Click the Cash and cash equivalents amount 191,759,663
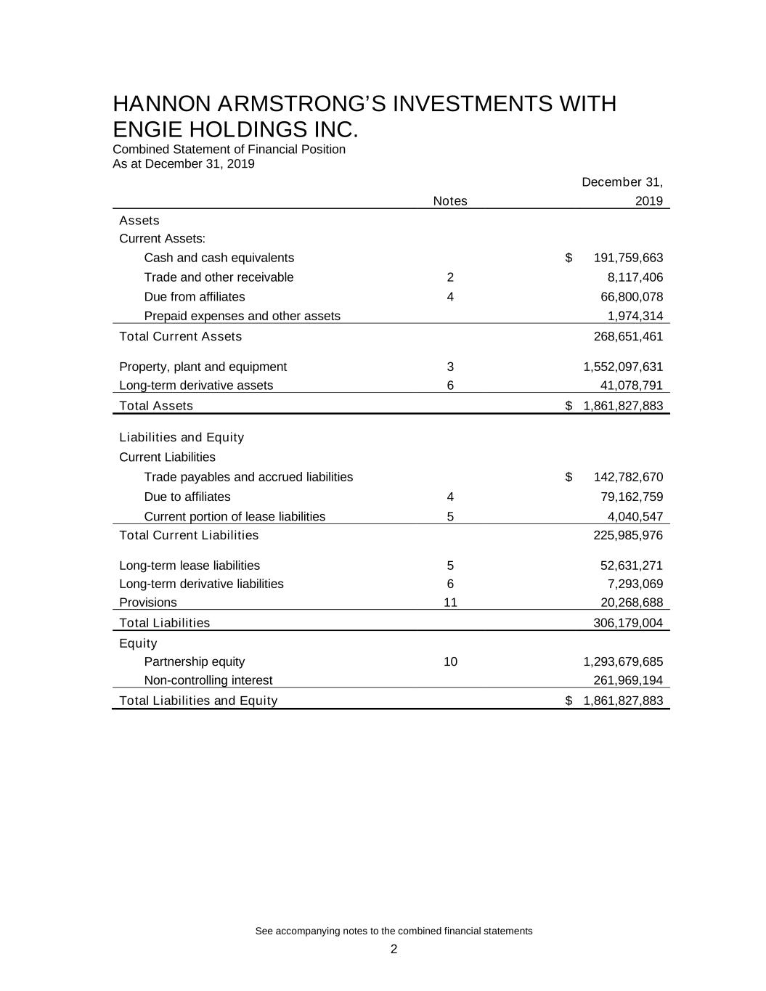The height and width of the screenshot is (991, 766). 628,258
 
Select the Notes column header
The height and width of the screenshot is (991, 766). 450,201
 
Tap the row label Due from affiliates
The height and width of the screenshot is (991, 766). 195,297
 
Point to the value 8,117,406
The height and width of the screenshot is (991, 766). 635,277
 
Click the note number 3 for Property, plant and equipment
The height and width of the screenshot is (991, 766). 450,367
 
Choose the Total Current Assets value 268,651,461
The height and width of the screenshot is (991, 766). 628,336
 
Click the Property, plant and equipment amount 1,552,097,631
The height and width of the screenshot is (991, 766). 623,367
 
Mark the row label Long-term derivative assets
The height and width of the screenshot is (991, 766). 196,386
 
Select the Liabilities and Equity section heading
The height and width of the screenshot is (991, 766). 182,437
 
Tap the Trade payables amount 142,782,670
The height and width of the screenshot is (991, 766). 628,477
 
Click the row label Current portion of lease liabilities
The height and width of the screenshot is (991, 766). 235,516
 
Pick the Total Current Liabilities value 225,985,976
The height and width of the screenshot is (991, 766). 628,535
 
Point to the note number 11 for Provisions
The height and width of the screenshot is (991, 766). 450,603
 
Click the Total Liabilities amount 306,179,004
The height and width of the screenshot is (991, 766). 628,623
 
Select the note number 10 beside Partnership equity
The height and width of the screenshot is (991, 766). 450,661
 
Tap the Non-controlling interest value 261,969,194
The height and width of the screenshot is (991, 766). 628,680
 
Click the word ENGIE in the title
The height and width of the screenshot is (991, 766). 150,129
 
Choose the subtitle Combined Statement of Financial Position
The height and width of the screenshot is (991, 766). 229,150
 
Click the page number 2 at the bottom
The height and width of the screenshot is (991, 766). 394,950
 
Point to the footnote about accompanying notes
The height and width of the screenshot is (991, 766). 394,931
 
